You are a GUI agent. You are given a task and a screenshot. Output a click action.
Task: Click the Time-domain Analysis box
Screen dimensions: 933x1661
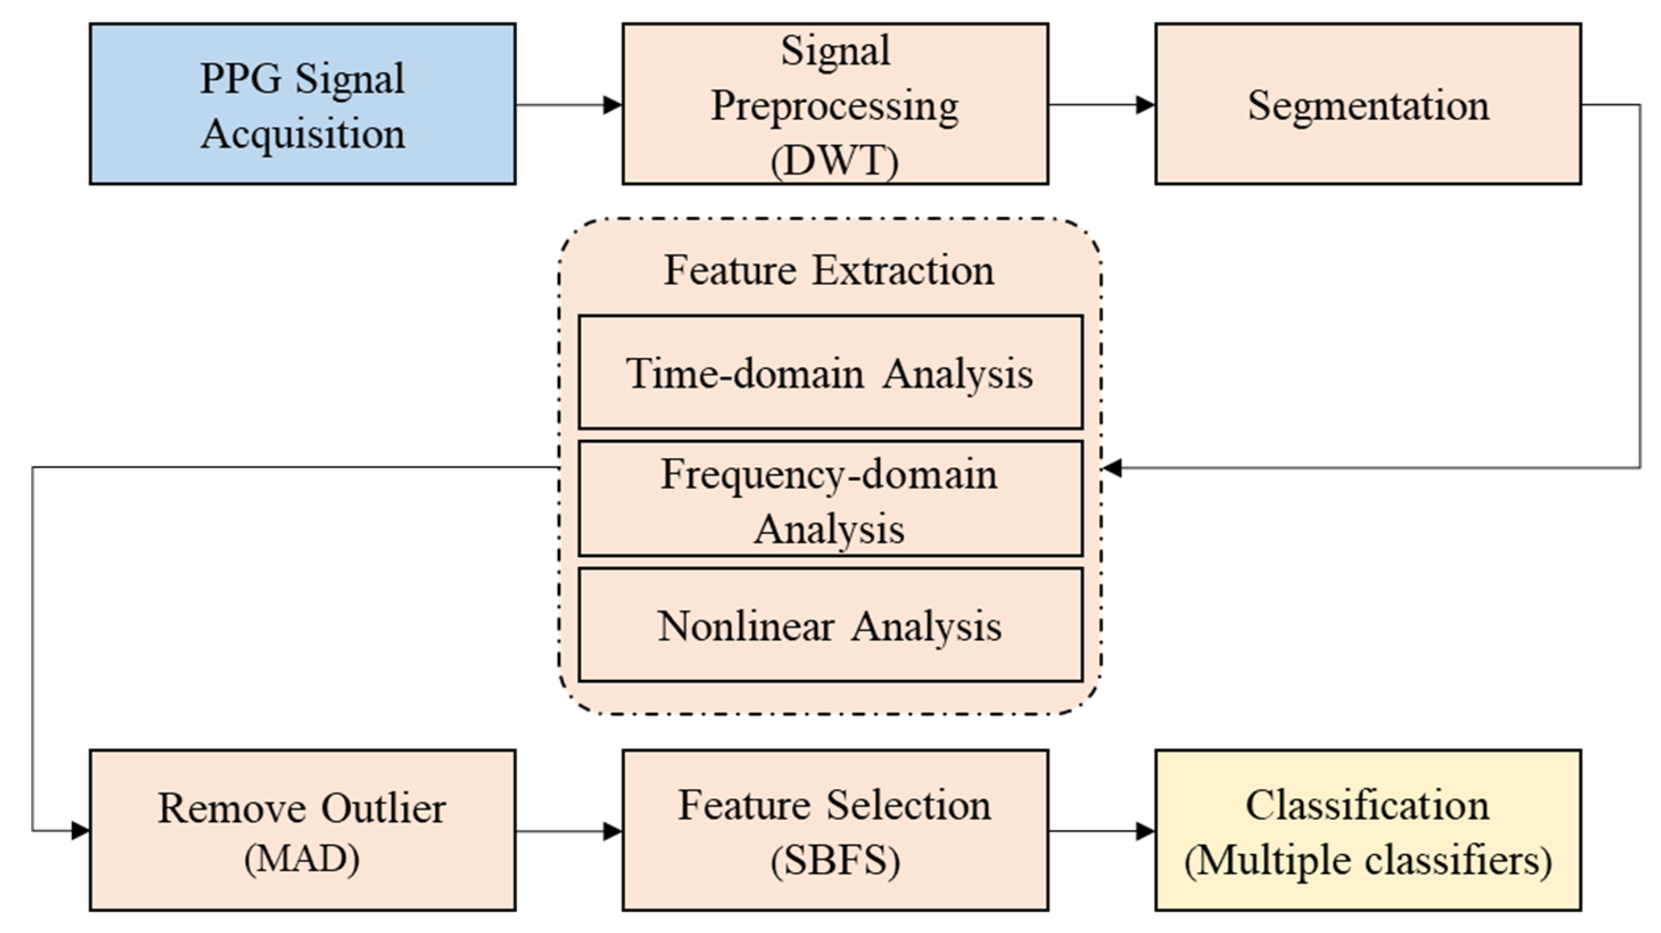point(830,373)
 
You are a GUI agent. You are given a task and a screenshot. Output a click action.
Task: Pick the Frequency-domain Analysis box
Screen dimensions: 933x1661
point(830,499)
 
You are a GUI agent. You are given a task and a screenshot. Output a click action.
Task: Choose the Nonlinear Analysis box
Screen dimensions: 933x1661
point(830,625)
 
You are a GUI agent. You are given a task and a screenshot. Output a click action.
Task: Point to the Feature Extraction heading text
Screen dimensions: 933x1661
point(829,270)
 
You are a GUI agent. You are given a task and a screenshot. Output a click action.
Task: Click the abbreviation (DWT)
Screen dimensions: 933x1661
point(834,161)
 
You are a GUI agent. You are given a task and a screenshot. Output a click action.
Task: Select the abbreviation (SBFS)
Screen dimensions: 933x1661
point(835,860)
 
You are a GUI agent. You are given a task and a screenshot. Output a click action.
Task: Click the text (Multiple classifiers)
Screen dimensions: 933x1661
point(1367,860)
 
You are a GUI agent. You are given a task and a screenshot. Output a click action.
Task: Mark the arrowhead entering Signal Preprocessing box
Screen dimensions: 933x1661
point(613,105)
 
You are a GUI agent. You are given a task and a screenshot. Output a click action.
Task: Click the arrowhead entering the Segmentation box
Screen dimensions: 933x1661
point(1146,105)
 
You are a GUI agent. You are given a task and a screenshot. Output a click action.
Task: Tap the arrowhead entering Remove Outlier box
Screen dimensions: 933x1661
point(81,830)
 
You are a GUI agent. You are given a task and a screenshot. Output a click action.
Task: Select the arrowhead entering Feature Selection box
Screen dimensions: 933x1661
point(613,831)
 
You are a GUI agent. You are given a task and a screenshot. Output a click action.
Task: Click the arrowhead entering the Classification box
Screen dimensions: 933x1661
point(1146,831)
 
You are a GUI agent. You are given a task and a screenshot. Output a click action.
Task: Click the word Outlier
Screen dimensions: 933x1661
point(383,808)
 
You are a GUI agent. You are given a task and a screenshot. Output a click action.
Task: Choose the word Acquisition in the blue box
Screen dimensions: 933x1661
point(303,134)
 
